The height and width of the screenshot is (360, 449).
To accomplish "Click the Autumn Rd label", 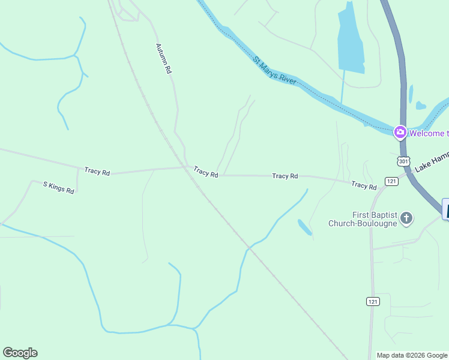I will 163,58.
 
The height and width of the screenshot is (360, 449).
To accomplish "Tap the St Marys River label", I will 274,70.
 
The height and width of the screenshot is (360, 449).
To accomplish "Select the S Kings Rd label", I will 58,187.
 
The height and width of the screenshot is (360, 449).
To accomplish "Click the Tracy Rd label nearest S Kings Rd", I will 97,172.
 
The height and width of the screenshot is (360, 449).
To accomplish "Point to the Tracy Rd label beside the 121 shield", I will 364,185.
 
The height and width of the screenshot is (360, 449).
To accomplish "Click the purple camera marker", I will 400,132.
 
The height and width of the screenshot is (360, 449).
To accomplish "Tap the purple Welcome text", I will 429,133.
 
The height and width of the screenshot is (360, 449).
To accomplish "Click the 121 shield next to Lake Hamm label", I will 391,181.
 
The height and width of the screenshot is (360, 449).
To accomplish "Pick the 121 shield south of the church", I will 373,301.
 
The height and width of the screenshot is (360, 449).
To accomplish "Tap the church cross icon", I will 406,218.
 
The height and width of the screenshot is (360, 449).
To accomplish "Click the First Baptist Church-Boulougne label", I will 363,219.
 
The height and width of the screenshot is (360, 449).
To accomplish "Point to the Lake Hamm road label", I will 432,161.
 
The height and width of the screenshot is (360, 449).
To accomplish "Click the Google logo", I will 20,353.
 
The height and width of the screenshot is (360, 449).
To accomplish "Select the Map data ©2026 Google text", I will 412,355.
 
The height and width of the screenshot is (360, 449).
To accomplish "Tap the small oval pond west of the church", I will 304,227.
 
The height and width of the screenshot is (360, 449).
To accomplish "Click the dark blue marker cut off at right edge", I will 445,209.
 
